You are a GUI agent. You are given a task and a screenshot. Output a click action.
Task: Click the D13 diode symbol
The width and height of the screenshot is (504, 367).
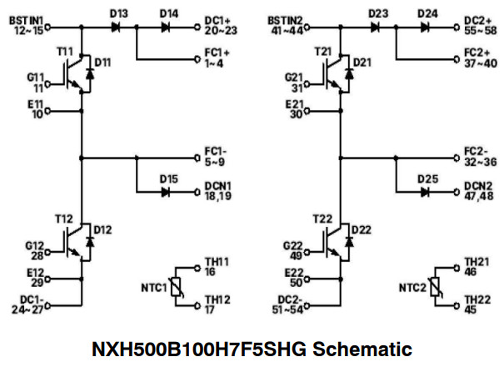point(115,27)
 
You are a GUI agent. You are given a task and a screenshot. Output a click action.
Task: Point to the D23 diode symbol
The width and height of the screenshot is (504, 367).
point(375,27)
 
